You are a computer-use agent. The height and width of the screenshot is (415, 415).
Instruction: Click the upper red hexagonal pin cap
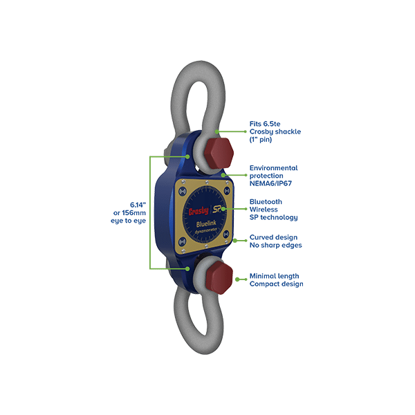[219, 153]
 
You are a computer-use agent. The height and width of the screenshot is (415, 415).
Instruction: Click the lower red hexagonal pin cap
[219, 278]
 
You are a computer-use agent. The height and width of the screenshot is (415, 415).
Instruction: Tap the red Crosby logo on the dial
[199, 211]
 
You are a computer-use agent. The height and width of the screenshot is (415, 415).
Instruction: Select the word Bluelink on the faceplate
[206, 224]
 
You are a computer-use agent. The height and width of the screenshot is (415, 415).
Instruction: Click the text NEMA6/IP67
[270, 183]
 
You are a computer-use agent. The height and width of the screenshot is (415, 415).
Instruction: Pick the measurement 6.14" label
[138, 205]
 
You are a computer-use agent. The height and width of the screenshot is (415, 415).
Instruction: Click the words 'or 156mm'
[129, 213]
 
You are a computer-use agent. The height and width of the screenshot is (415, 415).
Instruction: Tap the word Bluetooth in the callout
[266, 202]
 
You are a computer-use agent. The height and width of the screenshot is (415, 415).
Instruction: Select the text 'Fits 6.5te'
[265, 124]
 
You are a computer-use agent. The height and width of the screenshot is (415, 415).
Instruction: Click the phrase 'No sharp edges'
[276, 246]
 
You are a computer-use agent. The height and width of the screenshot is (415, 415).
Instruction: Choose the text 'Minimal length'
[274, 276]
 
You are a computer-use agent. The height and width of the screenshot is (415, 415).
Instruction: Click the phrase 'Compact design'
[276, 284]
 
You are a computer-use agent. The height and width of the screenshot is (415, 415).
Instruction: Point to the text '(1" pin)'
[261, 140]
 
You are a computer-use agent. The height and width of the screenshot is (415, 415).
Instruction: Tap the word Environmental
[274, 168]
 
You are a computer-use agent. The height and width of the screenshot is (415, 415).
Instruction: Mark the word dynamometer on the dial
[206, 230]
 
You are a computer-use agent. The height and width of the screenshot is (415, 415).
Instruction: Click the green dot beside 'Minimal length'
[237, 279]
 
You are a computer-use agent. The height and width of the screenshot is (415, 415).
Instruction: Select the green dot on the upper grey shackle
[216, 131]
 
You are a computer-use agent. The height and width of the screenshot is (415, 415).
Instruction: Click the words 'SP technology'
[274, 218]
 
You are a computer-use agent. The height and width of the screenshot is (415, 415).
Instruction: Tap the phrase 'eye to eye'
[129, 221]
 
